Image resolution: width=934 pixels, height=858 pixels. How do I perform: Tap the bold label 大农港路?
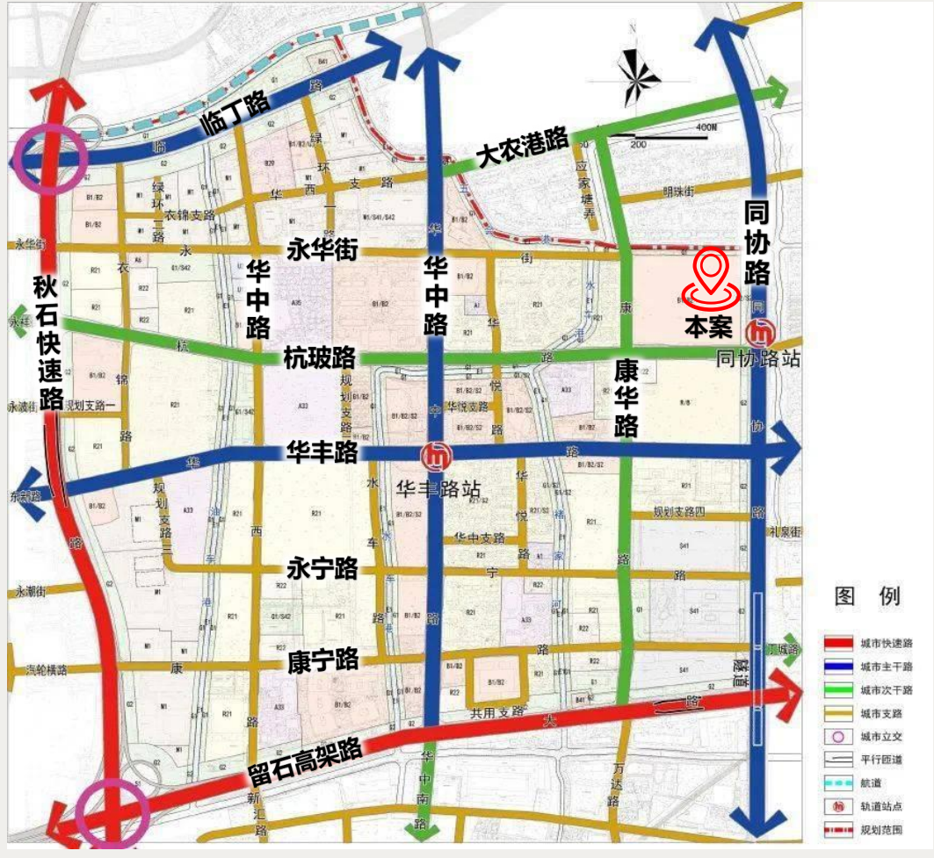click(x=522, y=149)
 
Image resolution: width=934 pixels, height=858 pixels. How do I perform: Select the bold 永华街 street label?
click(x=322, y=250)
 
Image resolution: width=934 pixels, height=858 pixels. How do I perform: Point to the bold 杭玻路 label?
click(x=320, y=358)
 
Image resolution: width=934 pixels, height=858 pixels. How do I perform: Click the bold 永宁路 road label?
click(x=322, y=568)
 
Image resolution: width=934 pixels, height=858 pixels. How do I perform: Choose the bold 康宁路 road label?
click(x=322, y=660)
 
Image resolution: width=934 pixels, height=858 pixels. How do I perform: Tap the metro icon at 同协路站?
click(x=758, y=334)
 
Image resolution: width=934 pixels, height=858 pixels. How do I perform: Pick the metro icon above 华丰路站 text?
click(x=434, y=456)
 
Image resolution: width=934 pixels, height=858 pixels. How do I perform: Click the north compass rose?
click(x=639, y=75)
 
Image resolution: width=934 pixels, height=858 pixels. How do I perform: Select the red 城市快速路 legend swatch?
click(x=839, y=643)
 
